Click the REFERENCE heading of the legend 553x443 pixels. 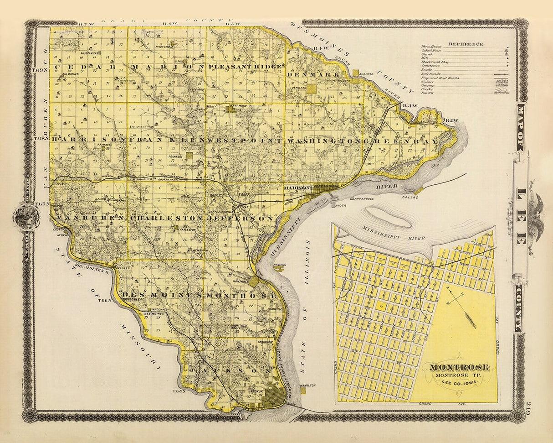pos(465,44)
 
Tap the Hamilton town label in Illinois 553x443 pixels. pos(308,386)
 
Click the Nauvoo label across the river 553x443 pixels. pos(278,265)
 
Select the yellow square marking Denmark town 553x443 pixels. pos(311,89)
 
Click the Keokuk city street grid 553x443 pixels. pos(274,397)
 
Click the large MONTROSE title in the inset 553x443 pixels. pos(460,367)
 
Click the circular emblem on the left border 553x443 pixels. pos(26,216)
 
